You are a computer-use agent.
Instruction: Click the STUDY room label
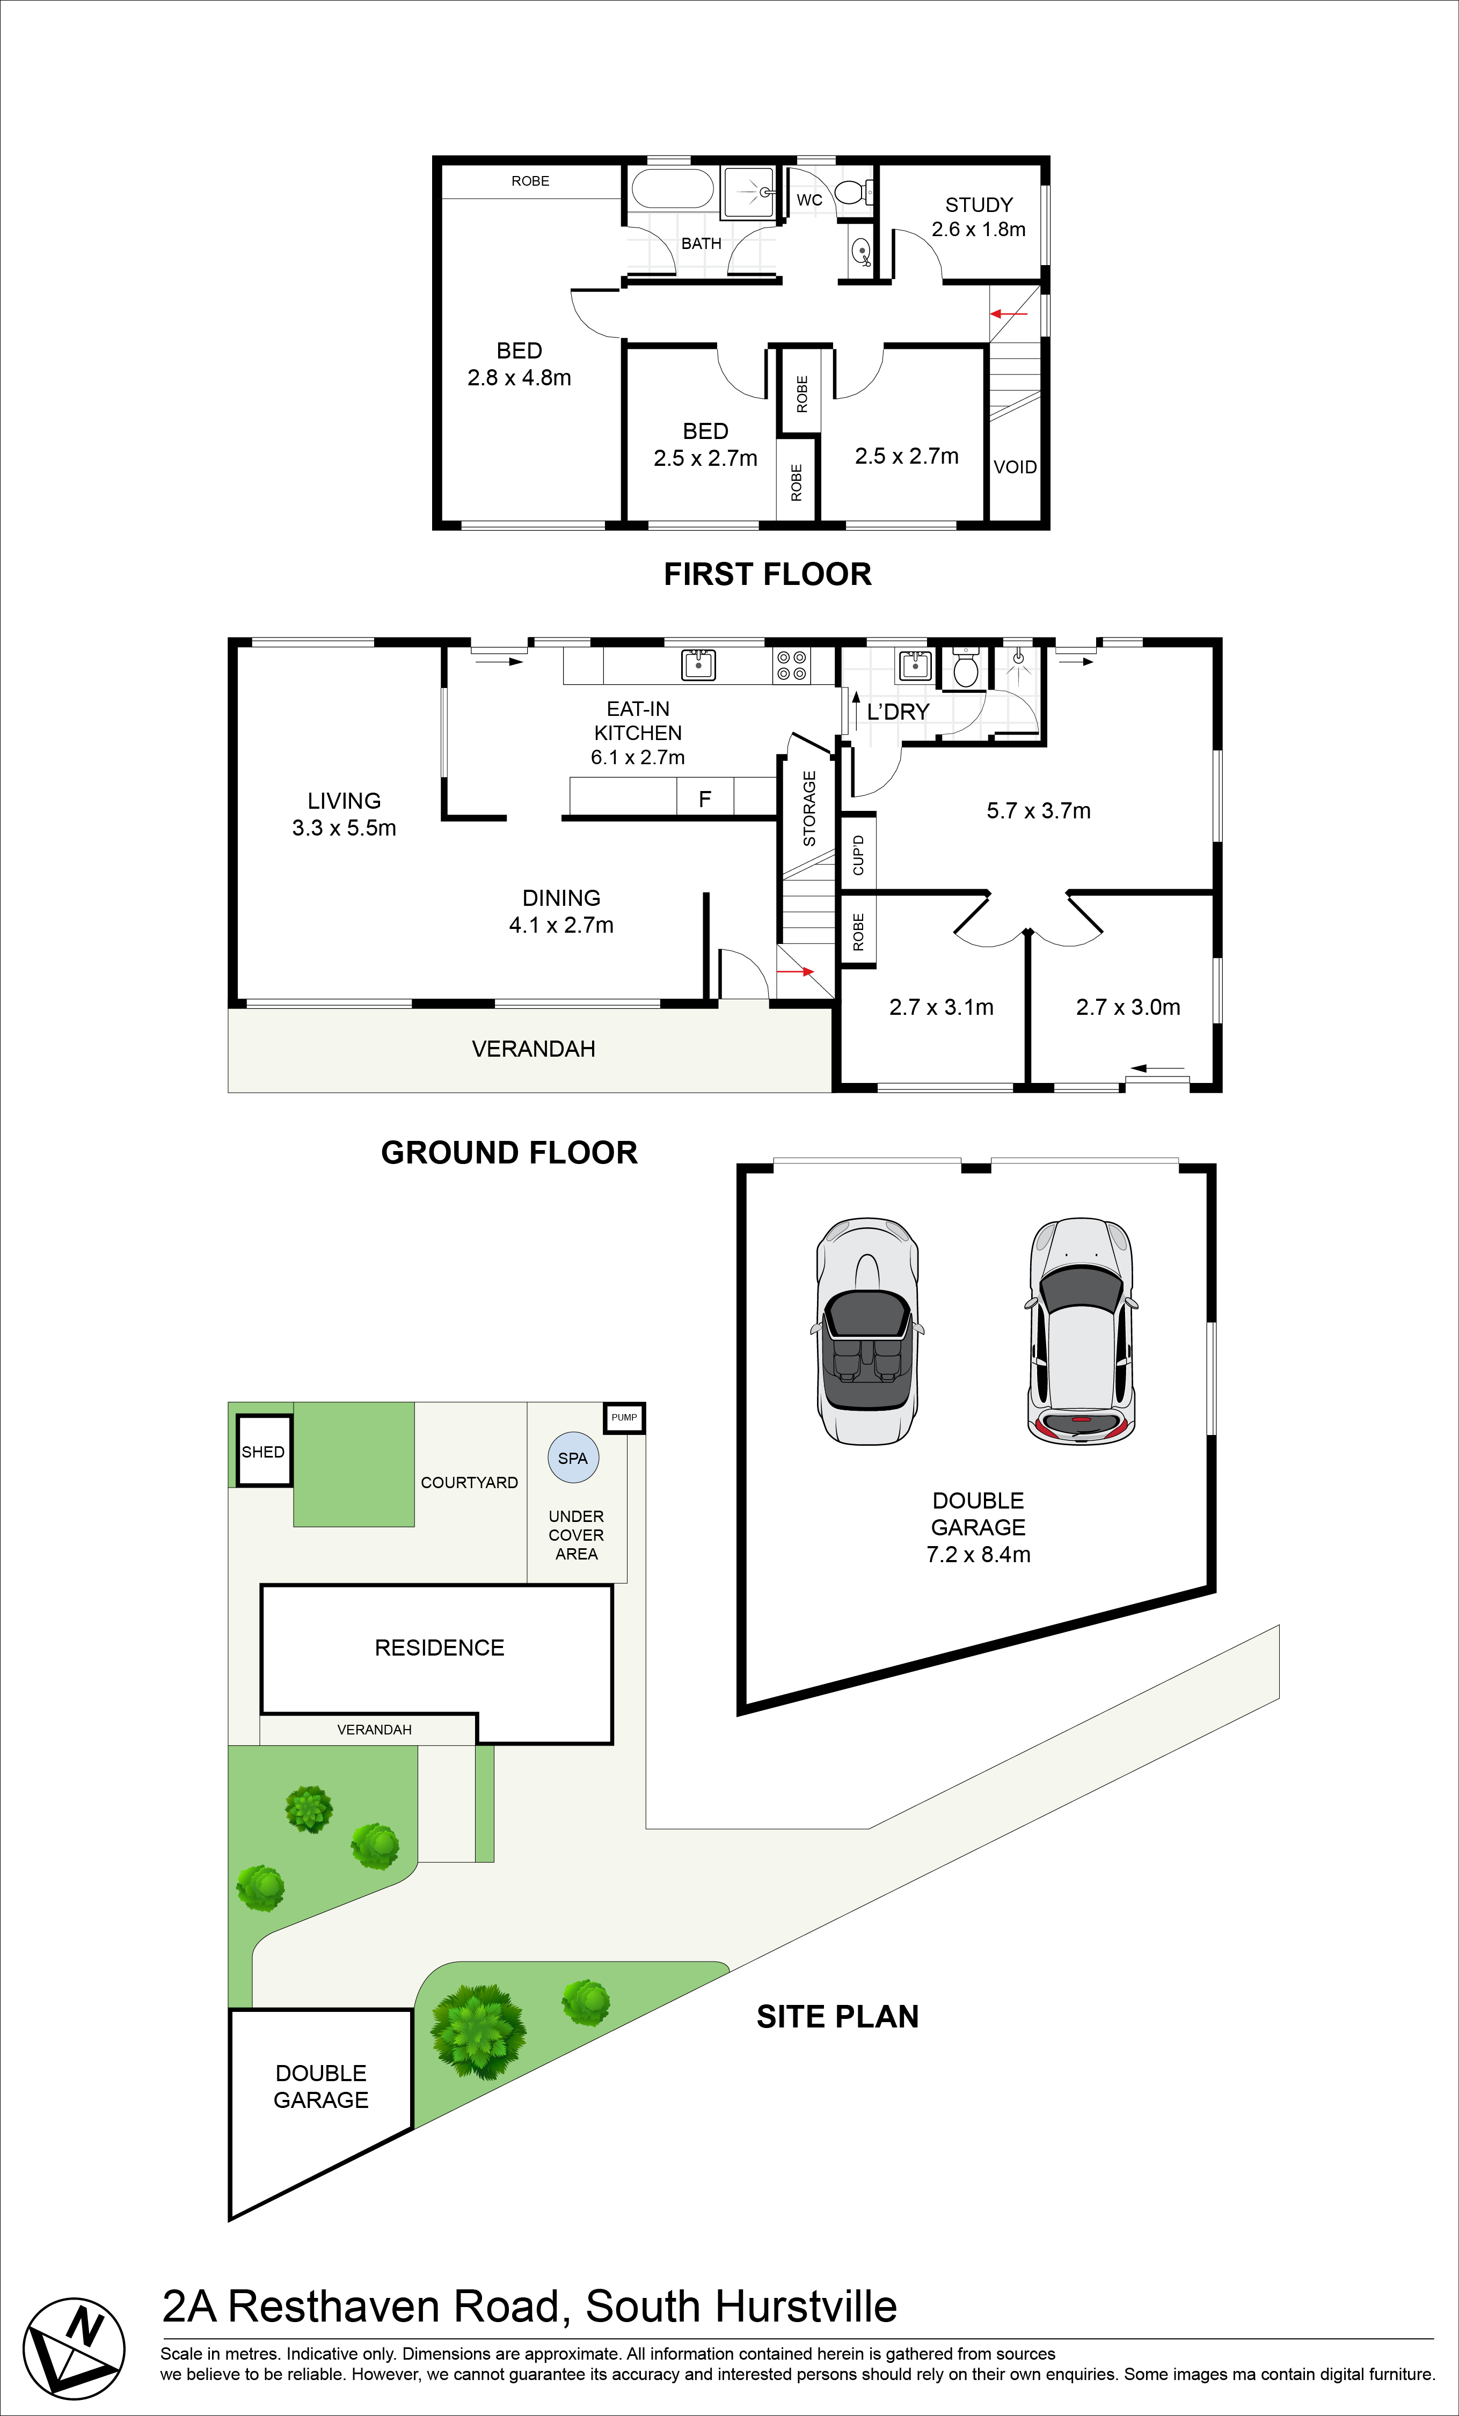pyautogui.click(x=979, y=205)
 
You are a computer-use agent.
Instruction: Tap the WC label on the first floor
pyautogui.click(x=809, y=200)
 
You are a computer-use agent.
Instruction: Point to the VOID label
pyautogui.click(x=1015, y=467)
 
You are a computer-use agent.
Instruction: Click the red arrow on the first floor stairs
pyautogui.click(x=1009, y=314)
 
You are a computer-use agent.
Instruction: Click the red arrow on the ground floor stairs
pyautogui.click(x=795, y=972)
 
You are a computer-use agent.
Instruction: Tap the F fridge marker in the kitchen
pyautogui.click(x=704, y=799)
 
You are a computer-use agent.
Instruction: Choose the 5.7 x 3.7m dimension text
pyautogui.click(x=1038, y=811)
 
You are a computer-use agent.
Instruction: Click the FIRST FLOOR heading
pyautogui.click(x=768, y=575)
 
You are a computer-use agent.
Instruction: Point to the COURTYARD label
pyautogui.click(x=470, y=1483)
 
